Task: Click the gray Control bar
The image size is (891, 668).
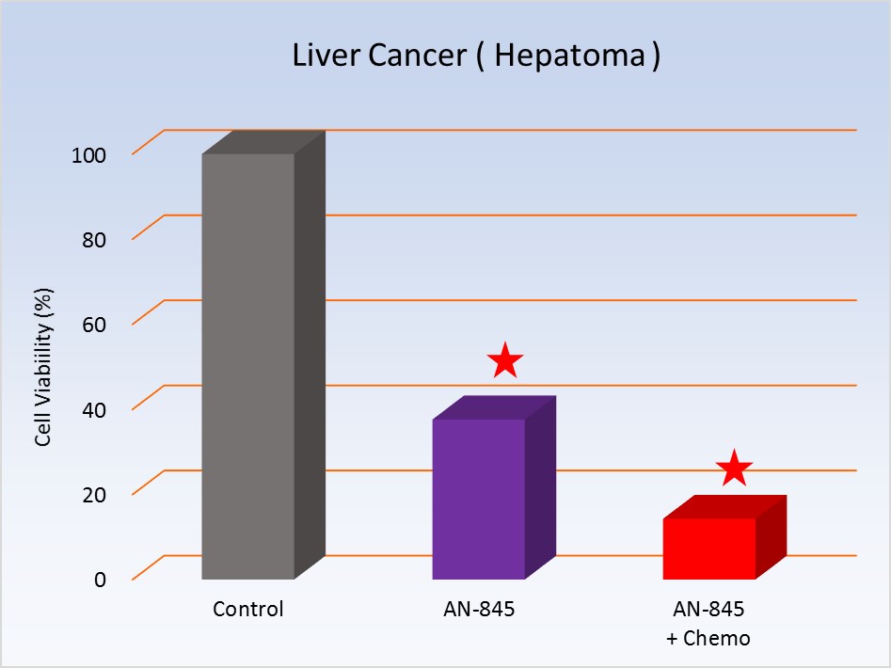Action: pos(248,367)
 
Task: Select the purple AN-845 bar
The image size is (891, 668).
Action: pos(479,499)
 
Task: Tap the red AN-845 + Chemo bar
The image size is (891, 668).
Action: pos(709,549)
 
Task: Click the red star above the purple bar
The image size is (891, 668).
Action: pos(505,360)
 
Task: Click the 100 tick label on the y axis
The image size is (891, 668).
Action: pos(88,154)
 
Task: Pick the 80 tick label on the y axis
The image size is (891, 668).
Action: pos(93,239)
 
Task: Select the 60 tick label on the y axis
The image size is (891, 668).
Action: pos(93,324)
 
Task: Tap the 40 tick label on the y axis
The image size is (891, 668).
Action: pos(93,408)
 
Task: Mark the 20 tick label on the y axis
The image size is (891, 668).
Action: pos(93,493)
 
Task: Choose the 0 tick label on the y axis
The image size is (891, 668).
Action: pos(99,578)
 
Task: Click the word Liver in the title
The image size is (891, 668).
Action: pos(321,56)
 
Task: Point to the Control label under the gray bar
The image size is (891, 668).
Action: pos(248,609)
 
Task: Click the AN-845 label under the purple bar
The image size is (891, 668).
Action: pos(479,609)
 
